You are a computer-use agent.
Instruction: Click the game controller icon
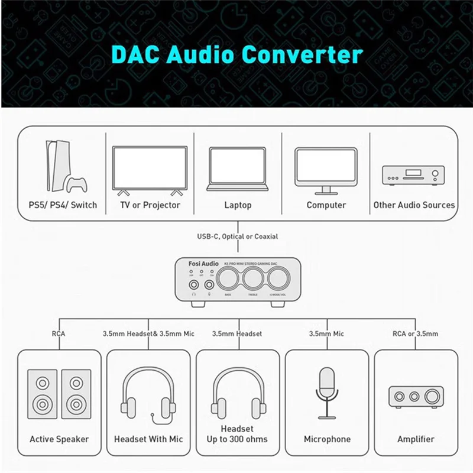(75, 185)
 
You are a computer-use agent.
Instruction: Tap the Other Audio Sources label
(414, 205)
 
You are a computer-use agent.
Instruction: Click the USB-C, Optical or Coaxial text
(237, 237)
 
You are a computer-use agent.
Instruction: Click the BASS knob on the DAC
(228, 279)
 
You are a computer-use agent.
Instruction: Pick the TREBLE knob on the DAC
(252, 279)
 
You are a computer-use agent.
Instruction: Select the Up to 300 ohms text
(237, 439)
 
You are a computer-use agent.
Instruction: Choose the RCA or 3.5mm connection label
(416, 334)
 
